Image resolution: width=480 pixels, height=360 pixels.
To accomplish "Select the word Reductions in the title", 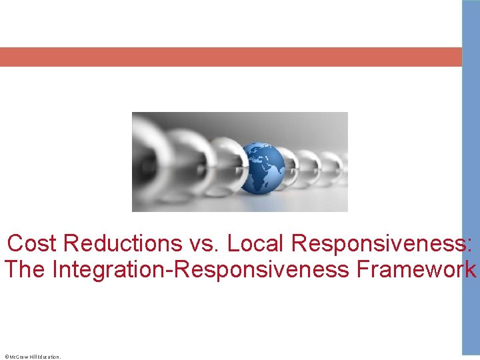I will pos(117,244).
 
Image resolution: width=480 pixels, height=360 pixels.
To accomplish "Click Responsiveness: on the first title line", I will pos(383,244).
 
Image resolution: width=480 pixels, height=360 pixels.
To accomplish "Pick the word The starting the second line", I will pos(25,270).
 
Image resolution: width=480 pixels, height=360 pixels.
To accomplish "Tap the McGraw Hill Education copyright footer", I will pos(33,357).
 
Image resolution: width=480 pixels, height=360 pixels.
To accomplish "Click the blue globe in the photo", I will pos(261,168).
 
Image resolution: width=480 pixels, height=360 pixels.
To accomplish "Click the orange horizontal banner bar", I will pos(230,57).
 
